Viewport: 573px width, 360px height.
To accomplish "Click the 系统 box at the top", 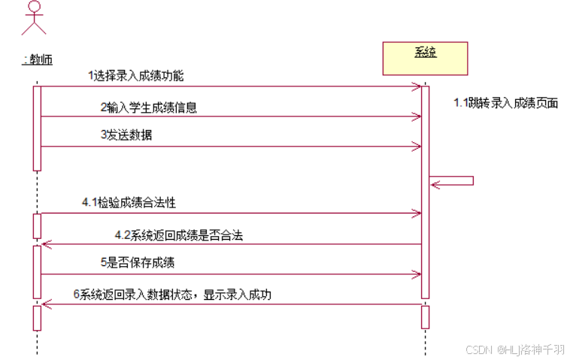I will click(x=425, y=58).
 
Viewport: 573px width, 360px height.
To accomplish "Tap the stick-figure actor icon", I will click(x=34, y=18).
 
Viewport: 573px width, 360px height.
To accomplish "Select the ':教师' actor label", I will click(x=37, y=59).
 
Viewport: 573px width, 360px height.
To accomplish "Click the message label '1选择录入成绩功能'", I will click(x=135, y=76).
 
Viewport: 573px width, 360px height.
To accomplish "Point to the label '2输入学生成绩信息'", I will click(x=149, y=107).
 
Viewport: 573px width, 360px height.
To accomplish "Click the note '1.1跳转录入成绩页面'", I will click(x=505, y=103).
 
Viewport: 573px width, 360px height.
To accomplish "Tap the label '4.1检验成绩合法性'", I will click(x=129, y=203).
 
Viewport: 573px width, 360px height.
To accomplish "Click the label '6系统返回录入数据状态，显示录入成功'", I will click(x=172, y=295).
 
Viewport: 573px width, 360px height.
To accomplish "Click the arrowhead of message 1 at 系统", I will click(x=417, y=86).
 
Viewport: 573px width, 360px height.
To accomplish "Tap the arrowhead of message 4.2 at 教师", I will click(x=45, y=244).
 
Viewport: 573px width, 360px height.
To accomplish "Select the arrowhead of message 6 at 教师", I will click(x=45, y=304).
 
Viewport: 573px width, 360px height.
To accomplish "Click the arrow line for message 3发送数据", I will click(x=226, y=147).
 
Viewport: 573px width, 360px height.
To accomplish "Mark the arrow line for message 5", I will click(x=226, y=274).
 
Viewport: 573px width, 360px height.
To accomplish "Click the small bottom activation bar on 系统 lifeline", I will click(x=425, y=316).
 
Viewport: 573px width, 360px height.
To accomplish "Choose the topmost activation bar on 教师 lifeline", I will click(x=36, y=128).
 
